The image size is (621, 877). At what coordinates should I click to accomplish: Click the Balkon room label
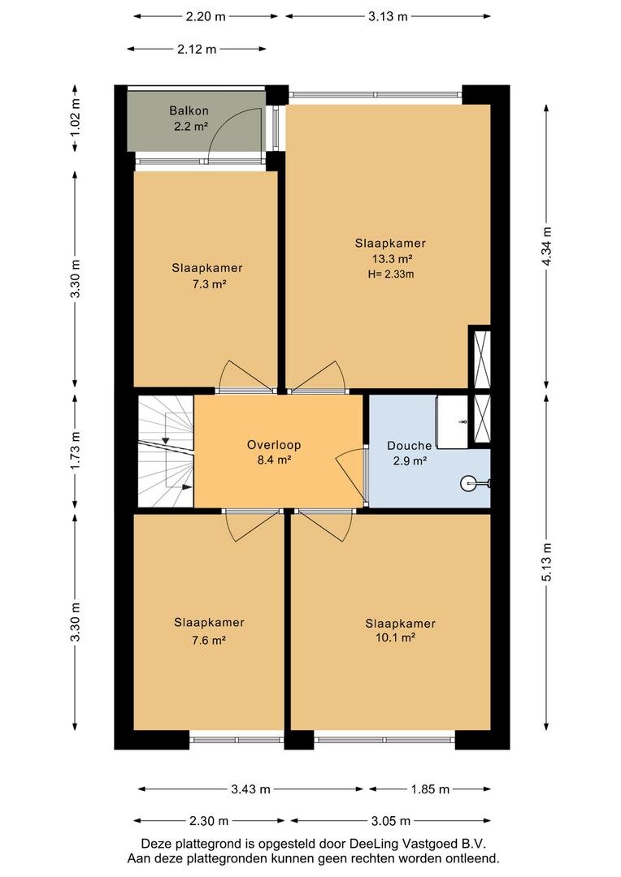(x=189, y=110)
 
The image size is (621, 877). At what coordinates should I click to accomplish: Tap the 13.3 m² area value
(x=392, y=259)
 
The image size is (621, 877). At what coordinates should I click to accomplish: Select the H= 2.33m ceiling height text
(x=392, y=274)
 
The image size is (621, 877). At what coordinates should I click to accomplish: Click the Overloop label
(x=274, y=445)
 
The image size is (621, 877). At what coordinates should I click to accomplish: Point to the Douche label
(x=410, y=446)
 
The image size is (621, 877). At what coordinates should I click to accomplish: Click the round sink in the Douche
(x=469, y=482)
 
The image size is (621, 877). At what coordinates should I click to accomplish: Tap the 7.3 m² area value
(x=209, y=284)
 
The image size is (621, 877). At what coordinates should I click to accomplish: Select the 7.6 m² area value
(x=208, y=640)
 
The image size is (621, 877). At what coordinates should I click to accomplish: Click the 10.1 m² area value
(x=395, y=637)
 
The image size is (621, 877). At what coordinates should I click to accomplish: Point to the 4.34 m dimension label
(x=547, y=247)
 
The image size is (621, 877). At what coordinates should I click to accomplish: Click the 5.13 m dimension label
(x=547, y=562)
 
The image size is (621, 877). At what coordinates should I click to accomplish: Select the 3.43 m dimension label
(x=251, y=789)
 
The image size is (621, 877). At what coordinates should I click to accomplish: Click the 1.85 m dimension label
(x=430, y=789)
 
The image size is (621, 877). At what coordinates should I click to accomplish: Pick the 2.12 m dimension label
(x=197, y=50)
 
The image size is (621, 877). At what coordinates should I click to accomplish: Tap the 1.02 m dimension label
(x=75, y=119)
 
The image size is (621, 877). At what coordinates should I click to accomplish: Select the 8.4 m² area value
(x=274, y=460)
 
